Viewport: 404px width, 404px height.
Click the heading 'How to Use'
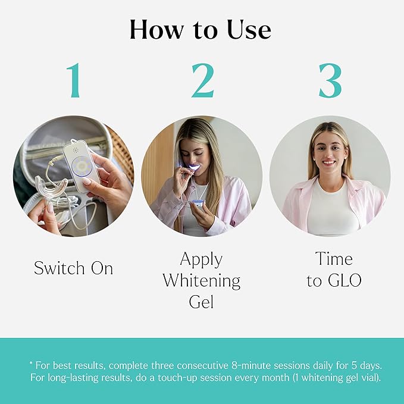point(202,30)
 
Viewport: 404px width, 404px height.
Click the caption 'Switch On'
point(73,268)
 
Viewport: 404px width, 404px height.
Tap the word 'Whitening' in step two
point(202,280)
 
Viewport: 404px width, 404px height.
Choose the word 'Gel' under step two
point(202,301)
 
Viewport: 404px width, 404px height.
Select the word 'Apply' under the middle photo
point(202,260)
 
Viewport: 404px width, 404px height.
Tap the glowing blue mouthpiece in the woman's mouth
point(192,168)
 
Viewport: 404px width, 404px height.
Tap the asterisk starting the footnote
point(30,362)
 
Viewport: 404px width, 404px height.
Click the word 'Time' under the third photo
point(334,260)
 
